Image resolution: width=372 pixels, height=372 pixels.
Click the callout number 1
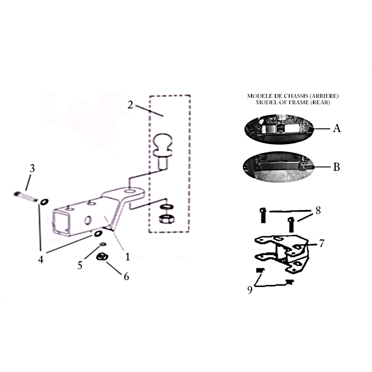pyautogui.click(x=127, y=257)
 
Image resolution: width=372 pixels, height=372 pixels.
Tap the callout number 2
pyautogui.click(x=130, y=105)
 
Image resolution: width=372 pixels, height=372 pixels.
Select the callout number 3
pyautogui.click(x=32, y=168)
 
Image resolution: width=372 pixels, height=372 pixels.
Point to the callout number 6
pyautogui.click(x=126, y=276)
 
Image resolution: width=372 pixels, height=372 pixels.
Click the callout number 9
pyautogui.click(x=250, y=290)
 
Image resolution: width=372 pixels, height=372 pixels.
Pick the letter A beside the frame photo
pyautogui.click(x=337, y=128)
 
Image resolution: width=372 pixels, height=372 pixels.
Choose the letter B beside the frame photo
pyautogui.click(x=336, y=167)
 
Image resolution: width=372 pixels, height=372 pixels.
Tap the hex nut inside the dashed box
pyautogui.click(x=167, y=219)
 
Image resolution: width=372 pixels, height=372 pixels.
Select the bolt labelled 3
pyautogui.click(x=25, y=197)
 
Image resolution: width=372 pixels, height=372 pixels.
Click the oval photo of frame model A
pyautogui.click(x=279, y=129)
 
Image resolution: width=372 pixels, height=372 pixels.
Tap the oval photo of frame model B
pyautogui.click(x=279, y=166)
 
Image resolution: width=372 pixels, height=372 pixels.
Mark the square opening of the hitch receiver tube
pyautogui.click(x=61, y=223)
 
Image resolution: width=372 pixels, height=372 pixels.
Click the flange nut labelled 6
pyautogui.click(x=102, y=257)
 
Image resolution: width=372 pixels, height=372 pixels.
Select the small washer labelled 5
pyautogui.click(x=103, y=244)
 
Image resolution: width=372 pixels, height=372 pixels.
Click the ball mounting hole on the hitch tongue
pyautogui.click(x=130, y=191)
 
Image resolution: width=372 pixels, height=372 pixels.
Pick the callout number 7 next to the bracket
pyautogui.click(x=321, y=243)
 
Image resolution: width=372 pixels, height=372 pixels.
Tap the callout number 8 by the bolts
pyautogui.click(x=318, y=210)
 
